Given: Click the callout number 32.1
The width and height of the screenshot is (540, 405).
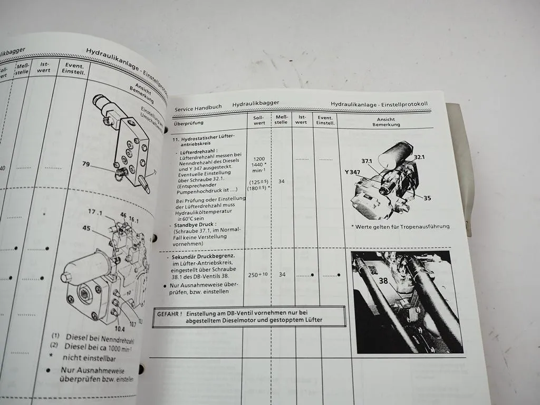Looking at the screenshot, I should [x=420, y=157].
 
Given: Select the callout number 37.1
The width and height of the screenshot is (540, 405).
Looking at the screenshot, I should [x=367, y=160].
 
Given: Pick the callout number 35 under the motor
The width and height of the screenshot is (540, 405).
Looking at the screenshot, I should [x=427, y=198].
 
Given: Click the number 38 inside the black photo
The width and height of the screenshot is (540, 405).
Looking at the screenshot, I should [x=383, y=281].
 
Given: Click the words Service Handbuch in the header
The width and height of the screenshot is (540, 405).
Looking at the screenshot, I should [x=198, y=107].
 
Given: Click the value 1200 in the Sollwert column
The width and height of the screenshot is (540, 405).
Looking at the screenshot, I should [x=259, y=159].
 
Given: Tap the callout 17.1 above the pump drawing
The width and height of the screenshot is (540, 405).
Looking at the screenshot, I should [x=95, y=212].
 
